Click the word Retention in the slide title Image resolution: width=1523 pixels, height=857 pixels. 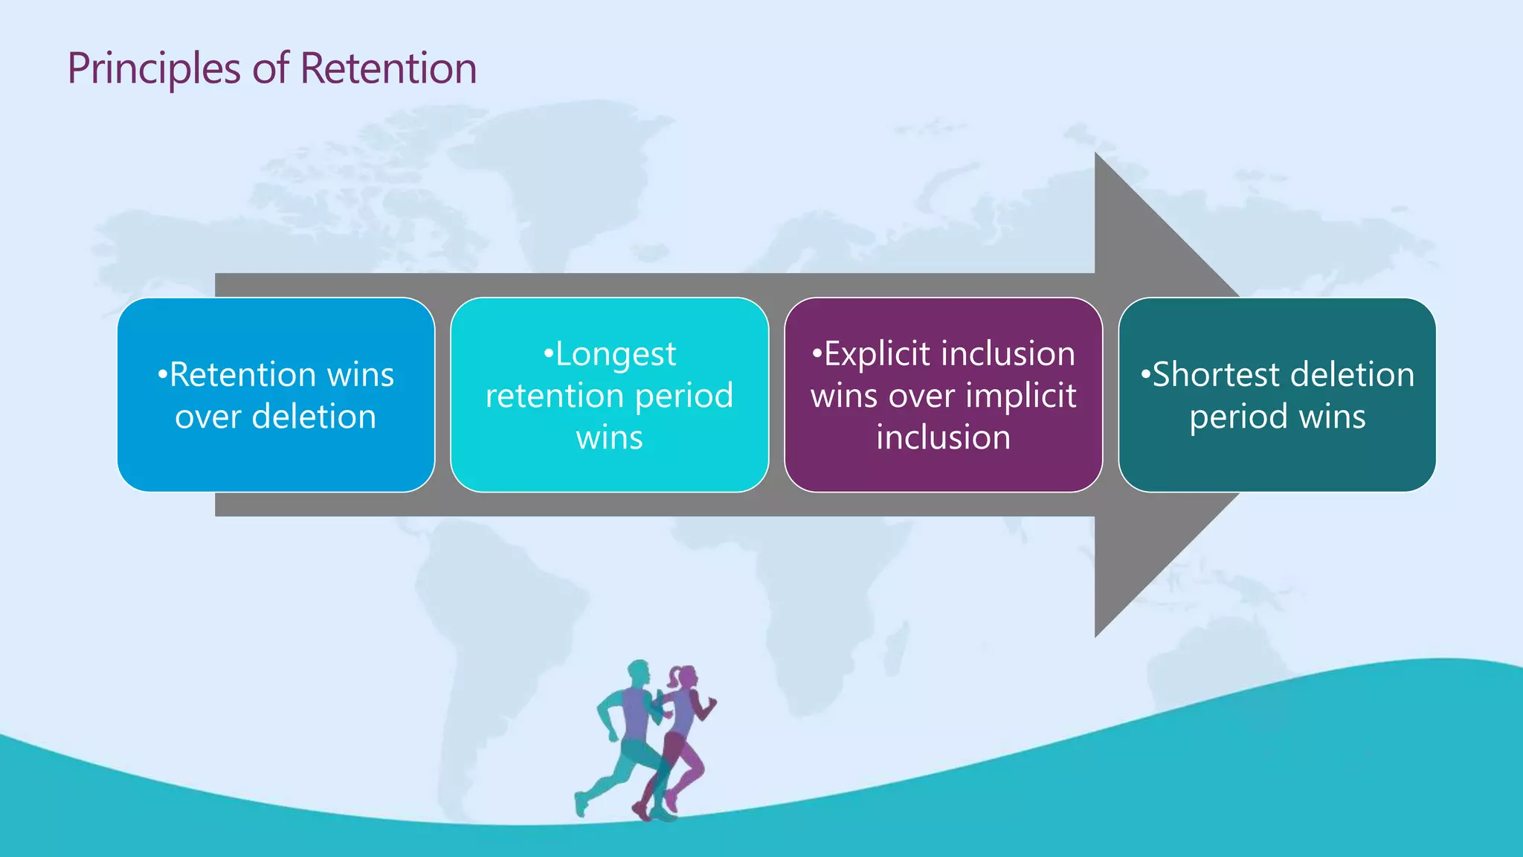point(387,68)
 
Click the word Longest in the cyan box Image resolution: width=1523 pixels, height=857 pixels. point(616,354)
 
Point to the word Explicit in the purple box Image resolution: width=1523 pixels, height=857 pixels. point(877,354)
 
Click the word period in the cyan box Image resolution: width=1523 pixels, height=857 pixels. point(684,396)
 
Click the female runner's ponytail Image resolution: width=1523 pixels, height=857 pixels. point(674,678)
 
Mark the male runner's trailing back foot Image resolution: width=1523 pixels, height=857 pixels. point(580,805)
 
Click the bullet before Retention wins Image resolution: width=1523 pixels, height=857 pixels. point(161,375)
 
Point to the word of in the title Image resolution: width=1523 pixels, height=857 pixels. point(270,68)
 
